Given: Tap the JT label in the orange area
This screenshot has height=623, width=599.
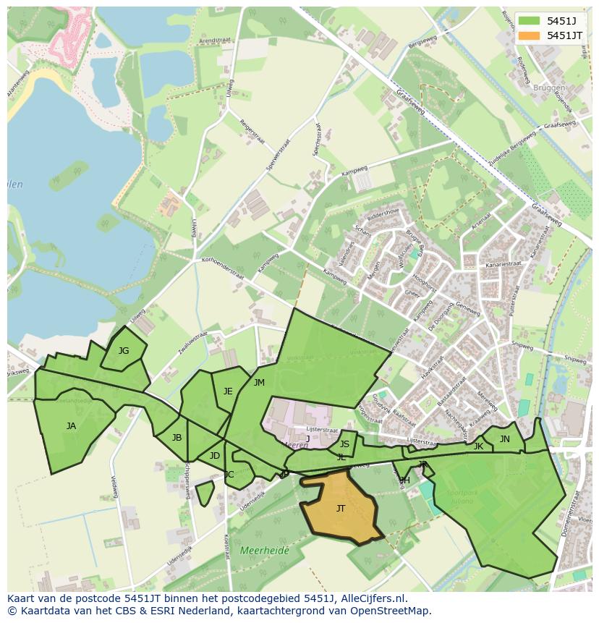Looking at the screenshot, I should coord(341,509).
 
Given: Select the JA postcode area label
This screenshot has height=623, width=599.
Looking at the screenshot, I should coord(71,426).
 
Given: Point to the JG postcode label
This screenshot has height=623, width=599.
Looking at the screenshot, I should coord(124,351).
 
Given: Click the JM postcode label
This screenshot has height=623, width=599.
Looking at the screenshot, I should coord(259,383).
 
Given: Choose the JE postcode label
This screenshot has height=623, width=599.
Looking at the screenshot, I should coord(228,391).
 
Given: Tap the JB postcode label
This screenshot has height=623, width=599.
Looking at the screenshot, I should coord(177,438).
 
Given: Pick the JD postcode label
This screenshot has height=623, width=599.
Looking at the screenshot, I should coord(214,456).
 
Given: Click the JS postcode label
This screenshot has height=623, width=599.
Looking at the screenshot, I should coord(344,444).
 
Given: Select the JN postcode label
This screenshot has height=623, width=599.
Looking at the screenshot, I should coord(505,439).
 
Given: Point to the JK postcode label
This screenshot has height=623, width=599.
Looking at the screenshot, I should coord(478,446).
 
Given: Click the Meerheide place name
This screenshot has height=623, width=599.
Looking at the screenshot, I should coord(264,551).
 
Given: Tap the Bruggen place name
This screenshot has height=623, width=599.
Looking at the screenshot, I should coord(550,88).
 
